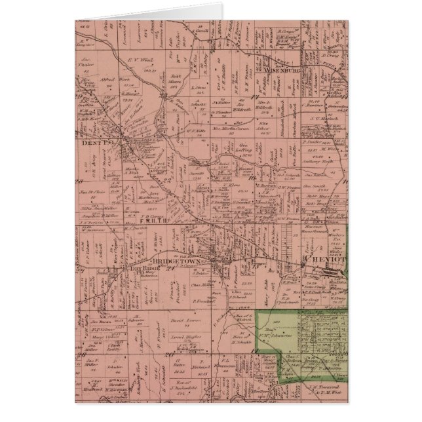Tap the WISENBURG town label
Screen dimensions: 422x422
[282, 67]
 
